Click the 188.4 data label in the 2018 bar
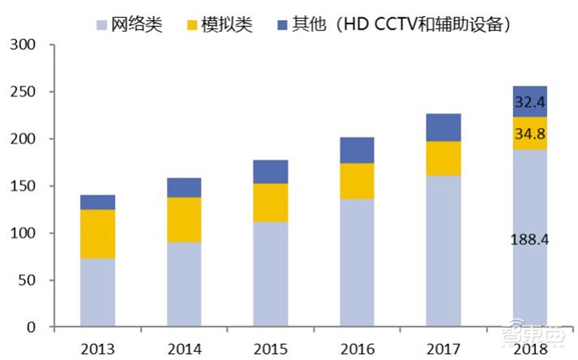pos(530,239)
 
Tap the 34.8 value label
pos(530,134)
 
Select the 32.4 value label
pos(530,103)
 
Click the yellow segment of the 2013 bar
pos(98,233)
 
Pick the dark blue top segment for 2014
pos(184,187)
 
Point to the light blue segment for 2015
pos(270,274)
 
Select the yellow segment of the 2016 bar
pos(357,181)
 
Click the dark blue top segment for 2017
pos(443,127)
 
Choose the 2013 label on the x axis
pos(98,348)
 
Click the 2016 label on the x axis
pos(357,348)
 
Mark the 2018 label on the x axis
pos(530,348)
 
